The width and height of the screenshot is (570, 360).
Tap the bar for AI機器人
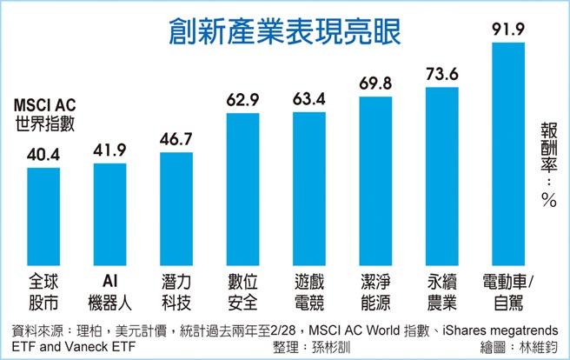(110, 216)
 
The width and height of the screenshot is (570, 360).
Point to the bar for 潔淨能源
(375, 183)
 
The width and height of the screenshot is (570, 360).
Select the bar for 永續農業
(441, 178)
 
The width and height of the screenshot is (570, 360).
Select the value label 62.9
(243, 101)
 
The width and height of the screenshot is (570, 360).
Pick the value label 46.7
(177, 139)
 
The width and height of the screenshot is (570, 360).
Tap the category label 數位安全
(243, 292)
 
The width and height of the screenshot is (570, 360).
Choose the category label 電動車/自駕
(510, 292)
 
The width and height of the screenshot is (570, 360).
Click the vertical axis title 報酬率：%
(547, 161)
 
